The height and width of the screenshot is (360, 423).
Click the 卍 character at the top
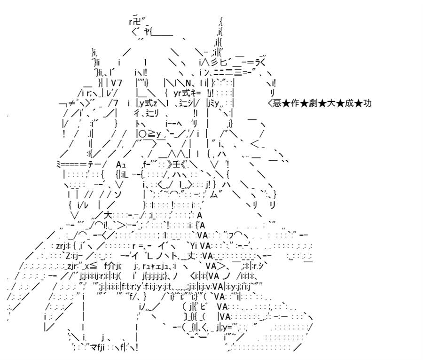(137, 21)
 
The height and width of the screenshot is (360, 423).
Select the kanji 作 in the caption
(295, 103)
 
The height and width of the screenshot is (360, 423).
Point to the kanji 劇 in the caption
(313, 103)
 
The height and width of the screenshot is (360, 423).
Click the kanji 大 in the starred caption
(331, 103)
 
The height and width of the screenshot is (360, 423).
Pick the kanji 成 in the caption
(349, 103)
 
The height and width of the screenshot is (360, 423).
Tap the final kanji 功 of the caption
(368, 103)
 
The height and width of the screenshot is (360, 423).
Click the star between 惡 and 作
(286, 103)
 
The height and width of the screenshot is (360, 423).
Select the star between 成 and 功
(359, 103)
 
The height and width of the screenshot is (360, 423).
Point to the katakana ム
(213, 195)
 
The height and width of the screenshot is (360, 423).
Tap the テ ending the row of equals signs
(90, 164)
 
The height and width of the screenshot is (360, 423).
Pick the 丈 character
(191, 256)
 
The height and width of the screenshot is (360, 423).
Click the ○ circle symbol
(143, 134)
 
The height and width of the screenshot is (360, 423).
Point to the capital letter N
(188, 83)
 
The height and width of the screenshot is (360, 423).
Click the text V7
(117, 83)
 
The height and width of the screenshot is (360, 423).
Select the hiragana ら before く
(258, 63)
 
